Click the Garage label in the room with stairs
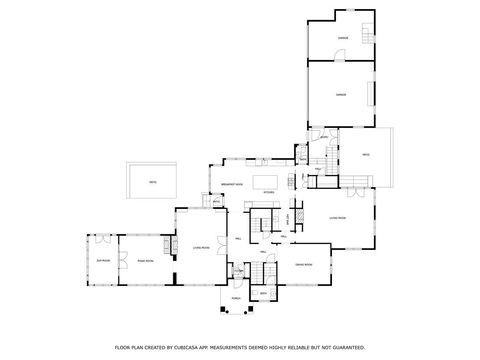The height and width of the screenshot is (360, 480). point(342,38)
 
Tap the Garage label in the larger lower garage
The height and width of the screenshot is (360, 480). point(341,95)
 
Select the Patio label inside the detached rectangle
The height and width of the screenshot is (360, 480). point(152,181)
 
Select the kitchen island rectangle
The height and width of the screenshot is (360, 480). point(267,181)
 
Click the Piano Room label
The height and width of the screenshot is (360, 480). point(146,260)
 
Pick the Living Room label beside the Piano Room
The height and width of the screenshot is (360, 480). point(200,246)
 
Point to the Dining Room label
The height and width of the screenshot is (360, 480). point(304,263)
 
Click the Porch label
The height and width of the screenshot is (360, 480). point(237,297)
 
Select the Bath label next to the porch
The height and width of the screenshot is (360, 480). point(263,293)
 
